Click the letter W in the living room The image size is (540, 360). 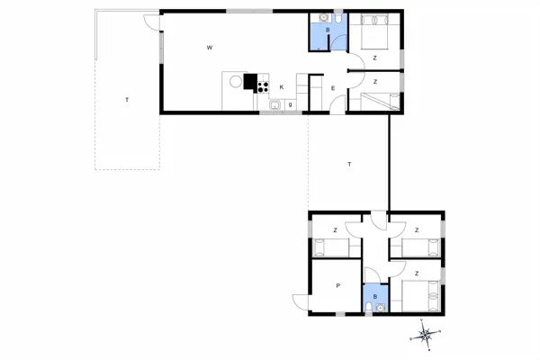pos(209,47)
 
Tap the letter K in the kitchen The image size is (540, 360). pos(282,87)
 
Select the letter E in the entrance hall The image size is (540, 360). pos(333,87)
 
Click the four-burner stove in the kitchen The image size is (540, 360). pos(264,87)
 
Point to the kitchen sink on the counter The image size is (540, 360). pos(274,105)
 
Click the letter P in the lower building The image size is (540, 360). pos(338,285)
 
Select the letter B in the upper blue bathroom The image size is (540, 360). pos(328,31)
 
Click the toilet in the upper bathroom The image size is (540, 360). pos(335,19)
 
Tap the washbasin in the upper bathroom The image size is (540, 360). pos(322,19)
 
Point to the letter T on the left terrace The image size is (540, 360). pos(127,99)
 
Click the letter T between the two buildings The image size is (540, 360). pos(349,164)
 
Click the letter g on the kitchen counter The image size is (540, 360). pos(290,104)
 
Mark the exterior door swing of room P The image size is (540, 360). pos(300,303)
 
